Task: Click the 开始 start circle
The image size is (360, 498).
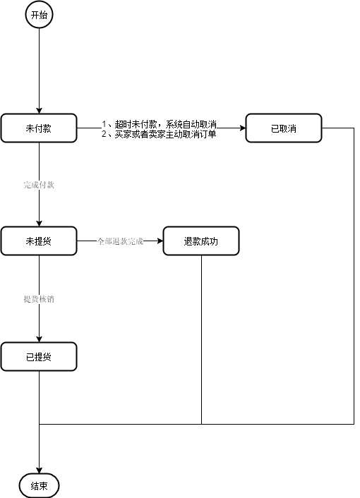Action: click(39, 15)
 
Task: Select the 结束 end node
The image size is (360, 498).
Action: click(39, 486)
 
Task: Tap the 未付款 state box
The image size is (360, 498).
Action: click(39, 128)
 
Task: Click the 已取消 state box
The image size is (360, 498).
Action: click(284, 128)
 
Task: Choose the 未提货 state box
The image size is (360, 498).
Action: click(39, 241)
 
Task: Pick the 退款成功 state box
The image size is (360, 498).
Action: click(201, 241)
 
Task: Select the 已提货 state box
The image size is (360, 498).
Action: click(39, 357)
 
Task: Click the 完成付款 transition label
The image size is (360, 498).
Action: click(39, 185)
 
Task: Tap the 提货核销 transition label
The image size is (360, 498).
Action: click(39, 299)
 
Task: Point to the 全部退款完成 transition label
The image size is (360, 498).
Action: click(120, 241)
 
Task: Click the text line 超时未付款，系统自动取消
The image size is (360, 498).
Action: click(159, 123)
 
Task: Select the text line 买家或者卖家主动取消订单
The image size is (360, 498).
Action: click(159, 133)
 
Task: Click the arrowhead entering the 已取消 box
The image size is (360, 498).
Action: click(241, 128)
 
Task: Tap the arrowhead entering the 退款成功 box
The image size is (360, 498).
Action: click(159, 241)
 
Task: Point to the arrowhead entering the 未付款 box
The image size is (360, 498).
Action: click(39, 109)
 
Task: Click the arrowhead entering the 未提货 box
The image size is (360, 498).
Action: click(39, 223)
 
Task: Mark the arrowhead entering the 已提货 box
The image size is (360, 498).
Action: click(39, 339)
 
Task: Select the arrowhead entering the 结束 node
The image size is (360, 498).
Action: click(39, 470)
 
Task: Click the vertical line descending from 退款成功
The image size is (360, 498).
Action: click(202, 339)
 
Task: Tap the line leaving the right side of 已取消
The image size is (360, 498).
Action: click(339, 128)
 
